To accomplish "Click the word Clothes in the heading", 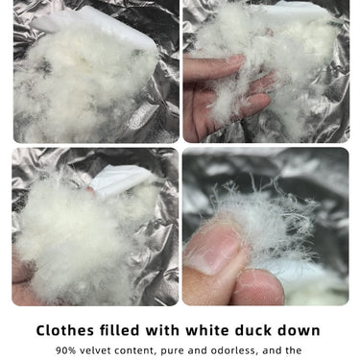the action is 65,330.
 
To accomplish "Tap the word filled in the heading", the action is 119,330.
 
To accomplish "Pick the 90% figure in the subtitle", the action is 66,350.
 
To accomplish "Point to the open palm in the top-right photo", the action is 224,96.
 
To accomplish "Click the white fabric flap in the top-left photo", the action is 96,26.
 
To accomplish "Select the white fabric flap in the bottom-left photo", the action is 123,180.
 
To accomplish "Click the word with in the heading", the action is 162,330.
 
